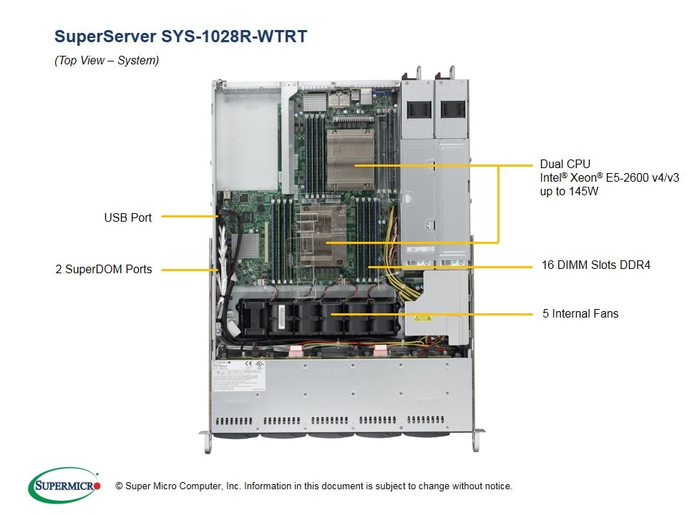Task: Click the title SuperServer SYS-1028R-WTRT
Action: pos(181,36)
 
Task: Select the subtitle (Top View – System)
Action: pos(107,61)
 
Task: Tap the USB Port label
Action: pos(127,217)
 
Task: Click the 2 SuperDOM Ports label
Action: pos(104,270)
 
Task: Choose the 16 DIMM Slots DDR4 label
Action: pos(595,265)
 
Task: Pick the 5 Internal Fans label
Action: pos(580,313)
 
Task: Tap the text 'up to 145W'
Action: pos(569,192)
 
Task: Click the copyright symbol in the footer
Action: pos(120,486)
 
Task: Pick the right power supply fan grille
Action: pos(452,109)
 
